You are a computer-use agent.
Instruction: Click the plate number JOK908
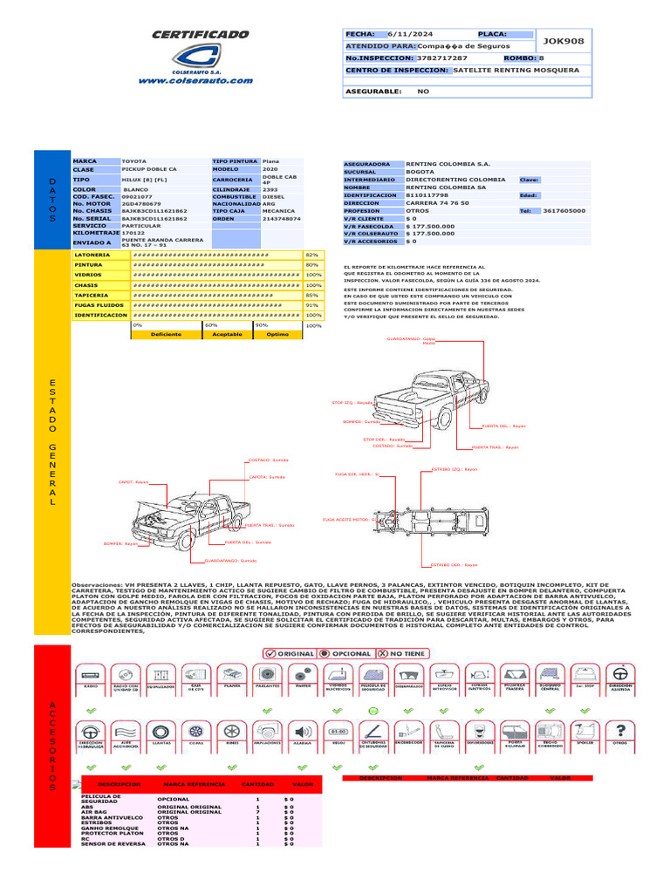tap(564, 41)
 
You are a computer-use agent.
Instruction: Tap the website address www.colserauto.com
tap(195, 80)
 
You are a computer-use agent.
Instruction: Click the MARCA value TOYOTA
tap(134, 162)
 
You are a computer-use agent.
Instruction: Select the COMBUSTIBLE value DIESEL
tap(273, 198)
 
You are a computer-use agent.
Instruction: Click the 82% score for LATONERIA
tap(311, 254)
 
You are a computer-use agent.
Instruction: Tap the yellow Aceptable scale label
tap(227, 334)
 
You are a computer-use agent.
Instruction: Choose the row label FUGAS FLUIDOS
tap(99, 306)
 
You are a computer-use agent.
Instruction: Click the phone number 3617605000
tap(564, 211)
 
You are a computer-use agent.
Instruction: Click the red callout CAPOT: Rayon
tap(133, 481)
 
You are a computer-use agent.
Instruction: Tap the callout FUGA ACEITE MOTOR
tap(347, 519)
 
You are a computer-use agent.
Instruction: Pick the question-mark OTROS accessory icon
tap(620, 733)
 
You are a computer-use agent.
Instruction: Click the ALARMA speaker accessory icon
tap(303, 733)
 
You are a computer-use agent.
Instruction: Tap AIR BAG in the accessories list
tap(93, 812)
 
